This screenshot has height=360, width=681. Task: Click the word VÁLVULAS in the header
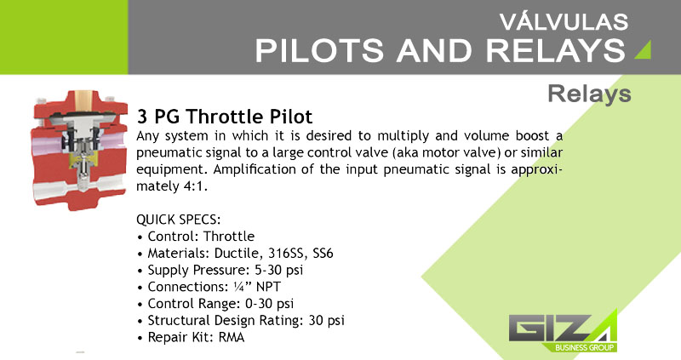pyautogui.click(x=564, y=21)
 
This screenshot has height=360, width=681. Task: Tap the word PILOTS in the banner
pyautogui.click(x=319, y=50)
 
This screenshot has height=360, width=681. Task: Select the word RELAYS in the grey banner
pyautogui.click(x=556, y=50)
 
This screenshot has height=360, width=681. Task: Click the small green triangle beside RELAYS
pyautogui.click(x=644, y=49)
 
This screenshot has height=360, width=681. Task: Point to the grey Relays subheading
pyautogui.click(x=589, y=94)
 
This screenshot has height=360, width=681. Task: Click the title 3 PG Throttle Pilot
pyautogui.click(x=225, y=117)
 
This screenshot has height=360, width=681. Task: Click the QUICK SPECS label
pyautogui.click(x=179, y=220)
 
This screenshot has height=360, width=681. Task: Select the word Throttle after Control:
pyautogui.click(x=229, y=237)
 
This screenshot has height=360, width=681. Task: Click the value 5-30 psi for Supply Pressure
pyautogui.click(x=279, y=270)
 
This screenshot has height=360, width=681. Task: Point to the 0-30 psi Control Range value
pyautogui.click(x=269, y=304)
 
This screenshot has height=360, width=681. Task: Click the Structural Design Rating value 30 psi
pyautogui.click(x=327, y=321)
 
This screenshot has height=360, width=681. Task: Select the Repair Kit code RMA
pyautogui.click(x=232, y=337)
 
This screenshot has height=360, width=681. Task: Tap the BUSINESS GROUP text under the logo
pyautogui.click(x=584, y=347)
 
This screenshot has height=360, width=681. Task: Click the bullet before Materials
pyautogui.click(x=140, y=254)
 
